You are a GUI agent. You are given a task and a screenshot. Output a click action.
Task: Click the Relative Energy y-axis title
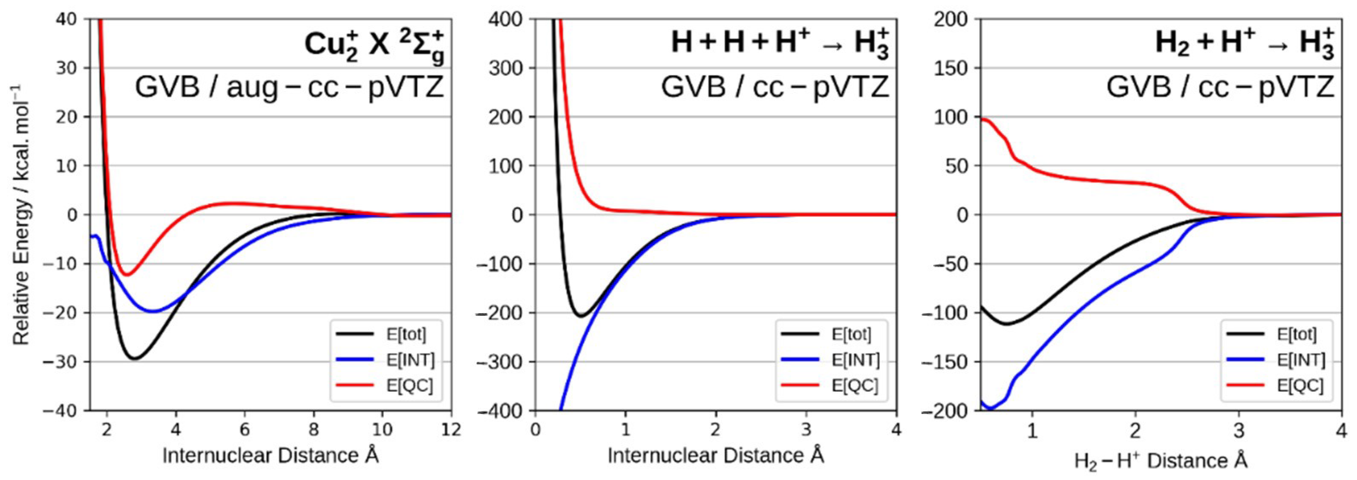coord(21,215)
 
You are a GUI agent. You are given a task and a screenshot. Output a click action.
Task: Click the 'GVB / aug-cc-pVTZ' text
coord(289,87)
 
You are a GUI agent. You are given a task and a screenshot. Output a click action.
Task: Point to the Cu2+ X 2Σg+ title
coord(374,47)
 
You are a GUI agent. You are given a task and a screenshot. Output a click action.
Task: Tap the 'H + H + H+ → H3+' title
coord(780,42)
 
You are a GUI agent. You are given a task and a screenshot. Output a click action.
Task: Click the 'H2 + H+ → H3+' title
coord(1244,42)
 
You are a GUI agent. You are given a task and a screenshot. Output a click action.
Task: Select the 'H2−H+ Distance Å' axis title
coord(1161,460)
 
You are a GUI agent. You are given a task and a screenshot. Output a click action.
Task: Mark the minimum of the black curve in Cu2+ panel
coord(135,359)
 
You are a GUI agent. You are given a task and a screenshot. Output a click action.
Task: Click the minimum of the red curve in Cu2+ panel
coord(127,275)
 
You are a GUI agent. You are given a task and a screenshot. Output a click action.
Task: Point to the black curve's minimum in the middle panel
coord(581,316)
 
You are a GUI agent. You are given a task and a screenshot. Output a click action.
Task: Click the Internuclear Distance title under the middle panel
coord(715,456)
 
